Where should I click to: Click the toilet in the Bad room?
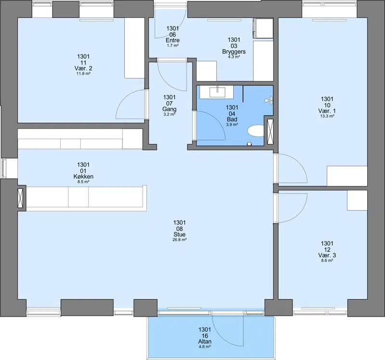(x=255, y=131)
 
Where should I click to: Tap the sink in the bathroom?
(x=217, y=92)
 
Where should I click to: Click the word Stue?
(x=179, y=234)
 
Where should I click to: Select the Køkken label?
(x=83, y=176)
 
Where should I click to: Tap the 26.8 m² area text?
(x=179, y=240)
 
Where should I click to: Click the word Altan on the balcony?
(x=205, y=341)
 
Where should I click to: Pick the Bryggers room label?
(x=234, y=52)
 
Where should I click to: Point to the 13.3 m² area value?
(x=327, y=116)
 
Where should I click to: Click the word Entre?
(x=173, y=40)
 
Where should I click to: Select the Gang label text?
(x=170, y=109)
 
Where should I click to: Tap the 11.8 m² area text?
(x=83, y=73)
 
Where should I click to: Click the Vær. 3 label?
(x=327, y=255)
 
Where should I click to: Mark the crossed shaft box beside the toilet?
(x=270, y=132)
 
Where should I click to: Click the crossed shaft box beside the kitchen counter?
(x=22, y=198)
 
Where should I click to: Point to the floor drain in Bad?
(x=249, y=144)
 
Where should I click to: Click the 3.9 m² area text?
(x=232, y=124)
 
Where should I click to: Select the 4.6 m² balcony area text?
(x=205, y=347)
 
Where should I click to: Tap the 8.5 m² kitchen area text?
(x=83, y=182)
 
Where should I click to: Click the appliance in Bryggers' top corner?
(x=263, y=28)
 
